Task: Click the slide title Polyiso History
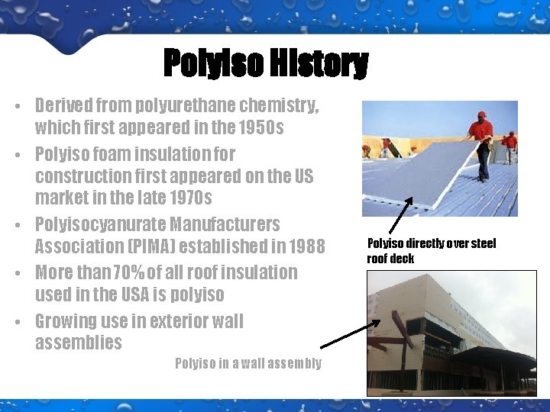click(x=266, y=64)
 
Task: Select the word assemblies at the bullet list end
click(x=79, y=343)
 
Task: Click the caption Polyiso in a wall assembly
click(x=248, y=363)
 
